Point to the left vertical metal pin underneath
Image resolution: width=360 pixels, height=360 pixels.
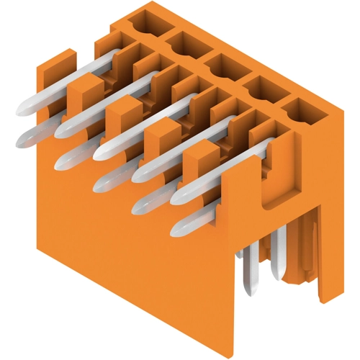tap(249, 274)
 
